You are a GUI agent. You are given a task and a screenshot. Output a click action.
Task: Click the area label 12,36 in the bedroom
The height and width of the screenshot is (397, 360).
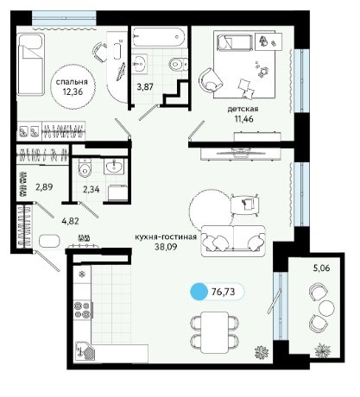pos(73,91)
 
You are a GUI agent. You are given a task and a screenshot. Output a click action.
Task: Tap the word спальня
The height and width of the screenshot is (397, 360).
pos(72,82)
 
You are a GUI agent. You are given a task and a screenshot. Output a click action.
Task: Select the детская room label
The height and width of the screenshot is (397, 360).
pos(243,109)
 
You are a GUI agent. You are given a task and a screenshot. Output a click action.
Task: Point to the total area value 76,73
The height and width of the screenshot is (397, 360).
pos(224,292)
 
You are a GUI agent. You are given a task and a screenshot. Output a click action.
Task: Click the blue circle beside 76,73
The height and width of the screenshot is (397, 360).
pos(199,292)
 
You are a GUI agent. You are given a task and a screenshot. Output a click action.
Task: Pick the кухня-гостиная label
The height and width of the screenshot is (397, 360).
pos(166,236)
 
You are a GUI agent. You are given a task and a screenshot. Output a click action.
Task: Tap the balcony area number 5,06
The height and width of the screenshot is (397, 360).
pos(321,268)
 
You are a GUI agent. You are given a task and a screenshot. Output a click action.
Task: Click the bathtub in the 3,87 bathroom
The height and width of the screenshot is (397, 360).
pos(159,36)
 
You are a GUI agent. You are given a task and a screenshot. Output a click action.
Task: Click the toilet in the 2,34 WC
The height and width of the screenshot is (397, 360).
pos(85,168)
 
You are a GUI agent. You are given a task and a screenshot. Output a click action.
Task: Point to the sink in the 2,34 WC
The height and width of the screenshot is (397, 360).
pos(114,166)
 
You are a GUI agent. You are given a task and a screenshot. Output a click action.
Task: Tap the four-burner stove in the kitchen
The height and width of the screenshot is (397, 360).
pos(82,309)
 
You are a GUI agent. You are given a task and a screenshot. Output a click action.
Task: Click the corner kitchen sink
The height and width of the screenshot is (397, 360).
pos(85,351)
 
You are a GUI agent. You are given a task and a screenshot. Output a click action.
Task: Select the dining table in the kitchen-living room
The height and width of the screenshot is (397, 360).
pos(215,332)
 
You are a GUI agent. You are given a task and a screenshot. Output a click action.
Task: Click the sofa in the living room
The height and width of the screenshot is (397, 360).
pos(233,241)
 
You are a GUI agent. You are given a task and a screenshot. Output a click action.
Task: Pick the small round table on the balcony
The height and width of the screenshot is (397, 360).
pos(327,307)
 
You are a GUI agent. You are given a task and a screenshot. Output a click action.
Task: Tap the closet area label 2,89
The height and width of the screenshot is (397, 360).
pos(44,187)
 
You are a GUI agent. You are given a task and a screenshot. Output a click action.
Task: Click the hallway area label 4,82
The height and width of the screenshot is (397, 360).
pos(71,221)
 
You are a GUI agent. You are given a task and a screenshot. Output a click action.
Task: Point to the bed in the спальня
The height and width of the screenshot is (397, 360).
pos(31,64)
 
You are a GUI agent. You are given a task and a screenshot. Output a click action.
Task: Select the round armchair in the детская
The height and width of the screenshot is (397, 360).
pos(211,79)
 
